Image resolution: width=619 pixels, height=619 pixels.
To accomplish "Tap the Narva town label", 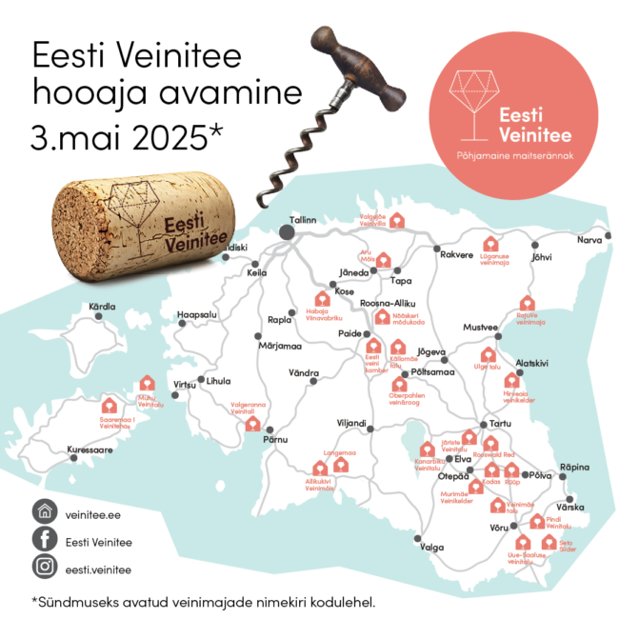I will tap(590, 240).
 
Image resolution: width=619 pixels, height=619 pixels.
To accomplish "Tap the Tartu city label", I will tap(500, 425).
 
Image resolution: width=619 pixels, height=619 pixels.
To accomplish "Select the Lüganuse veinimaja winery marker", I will tap(490, 244).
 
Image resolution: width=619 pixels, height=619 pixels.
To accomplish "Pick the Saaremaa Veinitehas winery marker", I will tap(109, 404).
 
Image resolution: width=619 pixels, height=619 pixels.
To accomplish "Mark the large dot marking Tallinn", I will tap(287, 231).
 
